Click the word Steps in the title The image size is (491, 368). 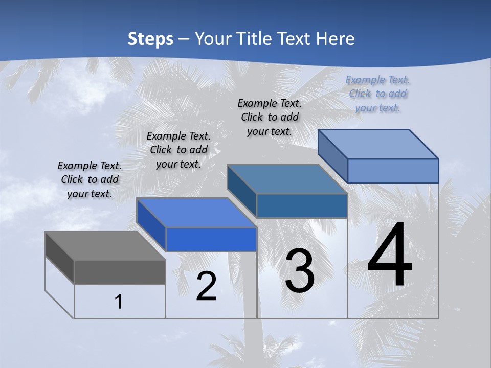coord(150,39)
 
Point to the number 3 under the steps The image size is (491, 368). coord(300,271)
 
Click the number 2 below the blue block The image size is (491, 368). coord(206,286)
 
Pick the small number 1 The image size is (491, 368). coord(119,302)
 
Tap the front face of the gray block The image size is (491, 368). coord(120,272)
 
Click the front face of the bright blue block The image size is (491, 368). coord(211,239)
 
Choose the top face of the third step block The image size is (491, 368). coord(287,179)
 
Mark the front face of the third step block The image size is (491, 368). coord(302,205)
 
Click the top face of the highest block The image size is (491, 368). coord(378,144)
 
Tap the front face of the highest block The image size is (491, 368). coord(393,171)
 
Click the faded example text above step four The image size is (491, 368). coord(378,94)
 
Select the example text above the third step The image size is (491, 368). coord(270,117)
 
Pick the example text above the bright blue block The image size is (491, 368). coord(178,150)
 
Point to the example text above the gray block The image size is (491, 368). coord(90,179)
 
